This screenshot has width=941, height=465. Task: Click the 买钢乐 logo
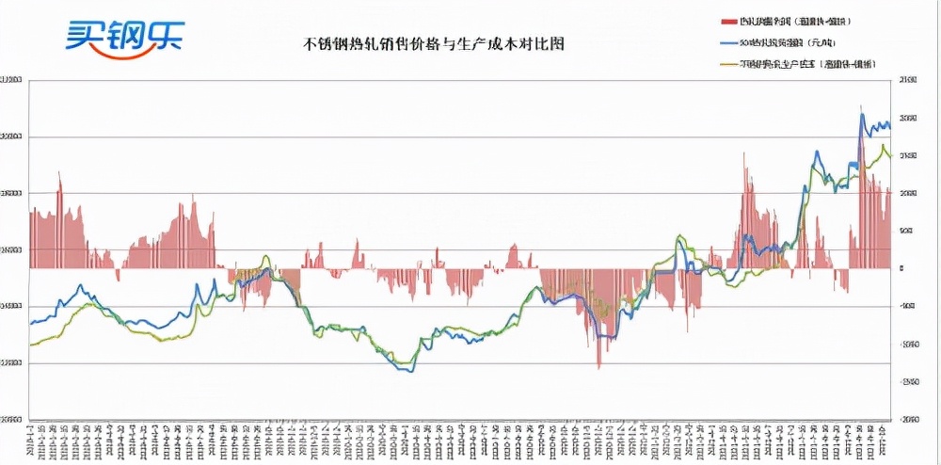124,35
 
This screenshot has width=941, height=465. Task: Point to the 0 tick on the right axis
901,268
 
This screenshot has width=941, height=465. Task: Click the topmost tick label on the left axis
11,81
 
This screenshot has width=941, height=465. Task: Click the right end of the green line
890,156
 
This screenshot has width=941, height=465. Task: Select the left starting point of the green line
31,345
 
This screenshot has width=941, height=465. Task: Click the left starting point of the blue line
31,323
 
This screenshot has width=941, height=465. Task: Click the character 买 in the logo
83,35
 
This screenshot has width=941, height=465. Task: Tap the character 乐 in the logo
165,35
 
